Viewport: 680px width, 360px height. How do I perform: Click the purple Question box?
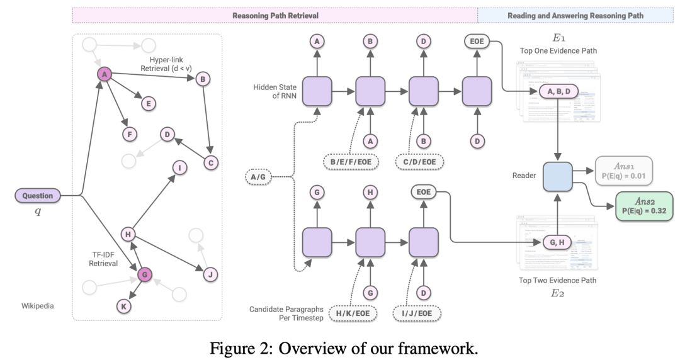tap(38, 196)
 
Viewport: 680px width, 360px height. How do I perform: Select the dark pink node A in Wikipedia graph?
tap(105, 75)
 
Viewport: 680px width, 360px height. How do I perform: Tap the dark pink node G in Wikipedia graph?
tap(144, 274)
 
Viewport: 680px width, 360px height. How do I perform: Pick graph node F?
tap(129, 133)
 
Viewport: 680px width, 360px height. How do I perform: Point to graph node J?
tap(211, 274)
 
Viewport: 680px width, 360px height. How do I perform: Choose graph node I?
tap(179, 168)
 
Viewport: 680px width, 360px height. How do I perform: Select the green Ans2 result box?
tap(643, 206)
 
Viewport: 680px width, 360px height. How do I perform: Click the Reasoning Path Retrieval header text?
tap(275, 15)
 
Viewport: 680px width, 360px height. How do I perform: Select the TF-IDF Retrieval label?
tap(103, 258)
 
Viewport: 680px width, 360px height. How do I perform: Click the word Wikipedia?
tap(37, 307)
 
